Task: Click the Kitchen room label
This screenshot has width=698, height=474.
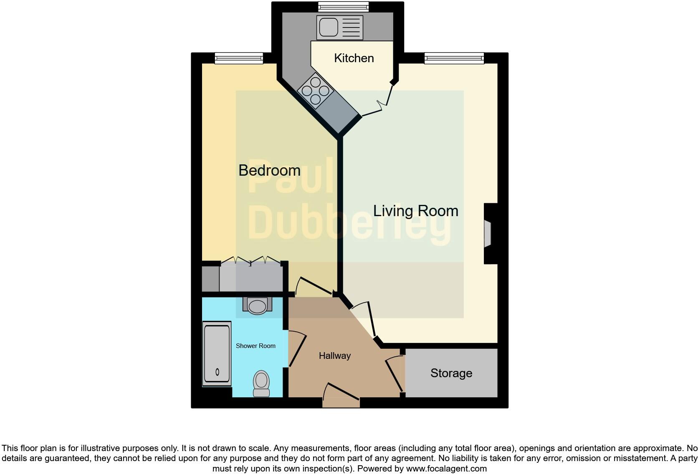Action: coord(354,58)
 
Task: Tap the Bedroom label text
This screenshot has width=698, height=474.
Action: coord(269,170)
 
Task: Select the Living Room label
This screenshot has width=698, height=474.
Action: coord(415,211)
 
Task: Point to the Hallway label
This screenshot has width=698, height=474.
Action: coord(334,356)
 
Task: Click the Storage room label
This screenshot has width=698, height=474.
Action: coord(451,373)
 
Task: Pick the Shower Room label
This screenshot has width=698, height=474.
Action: coord(255,346)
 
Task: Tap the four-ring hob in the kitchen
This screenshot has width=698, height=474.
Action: coord(315,91)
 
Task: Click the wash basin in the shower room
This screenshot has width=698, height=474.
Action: coord(257,306)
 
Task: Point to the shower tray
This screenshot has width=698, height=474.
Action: coord(217,354)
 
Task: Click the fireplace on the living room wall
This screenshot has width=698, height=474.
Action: coord(488,234)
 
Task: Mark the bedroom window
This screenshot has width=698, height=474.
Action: coord(239,58)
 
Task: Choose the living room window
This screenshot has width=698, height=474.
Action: coord(454,58)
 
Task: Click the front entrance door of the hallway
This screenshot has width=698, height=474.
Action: coord(341,394)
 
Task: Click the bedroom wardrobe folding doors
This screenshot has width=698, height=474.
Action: coord(250,261)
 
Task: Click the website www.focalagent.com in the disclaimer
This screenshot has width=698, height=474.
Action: coord(446,469)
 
